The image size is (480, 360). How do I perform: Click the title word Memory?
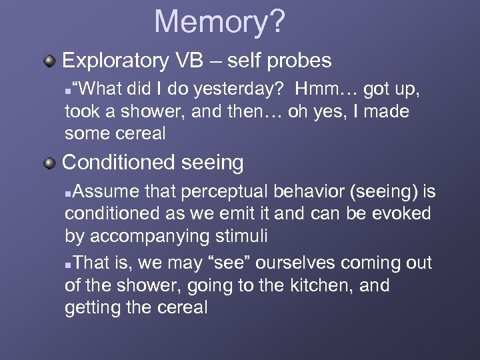[219, 21]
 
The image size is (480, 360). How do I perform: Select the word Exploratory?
[115, 61]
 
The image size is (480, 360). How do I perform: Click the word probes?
[301, 61]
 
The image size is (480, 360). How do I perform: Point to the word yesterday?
[245, 89]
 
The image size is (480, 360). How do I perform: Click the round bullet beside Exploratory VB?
[49, 61]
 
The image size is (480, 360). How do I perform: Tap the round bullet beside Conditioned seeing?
[49, 163]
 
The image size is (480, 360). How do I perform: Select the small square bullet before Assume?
[69, 193]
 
